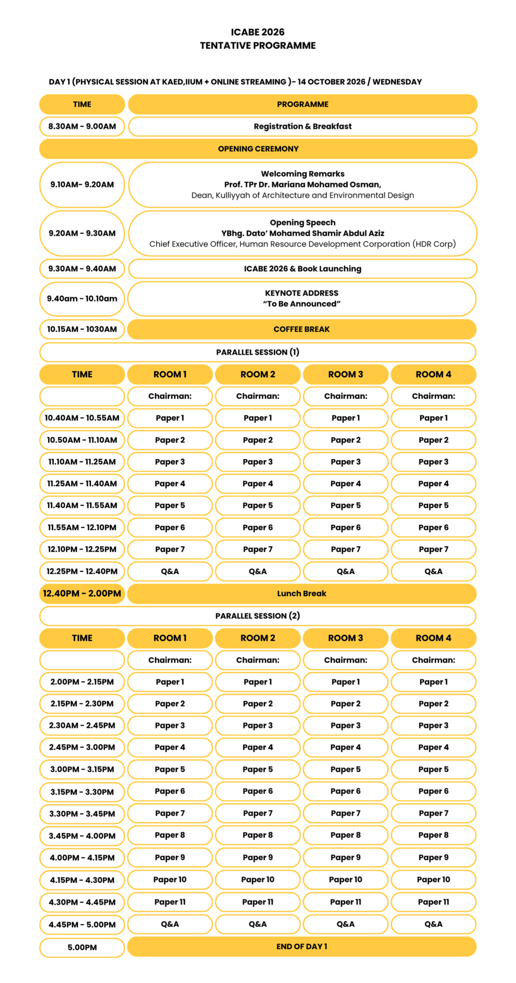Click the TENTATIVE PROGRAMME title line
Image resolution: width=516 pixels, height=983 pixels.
point(258,46)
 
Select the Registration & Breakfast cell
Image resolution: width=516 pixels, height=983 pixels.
point(302,126)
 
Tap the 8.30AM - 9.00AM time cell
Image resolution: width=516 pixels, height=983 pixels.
point(82,126)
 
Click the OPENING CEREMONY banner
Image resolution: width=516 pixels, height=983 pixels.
point(258,149)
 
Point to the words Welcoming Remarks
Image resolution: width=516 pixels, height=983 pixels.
point(302,174)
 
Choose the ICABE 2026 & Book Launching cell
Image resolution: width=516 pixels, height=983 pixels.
point(302,269)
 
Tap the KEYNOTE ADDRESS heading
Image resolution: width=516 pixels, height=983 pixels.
point(301,293)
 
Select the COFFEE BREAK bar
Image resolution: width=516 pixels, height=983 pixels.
point(301,329)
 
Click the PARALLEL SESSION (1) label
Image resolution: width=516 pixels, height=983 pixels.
point(258,352)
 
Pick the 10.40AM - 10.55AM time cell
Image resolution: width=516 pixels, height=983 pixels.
point(82,418)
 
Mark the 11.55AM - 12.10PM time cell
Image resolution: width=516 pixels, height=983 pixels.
point(82,527)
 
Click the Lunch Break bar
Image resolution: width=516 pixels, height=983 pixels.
point(301,594)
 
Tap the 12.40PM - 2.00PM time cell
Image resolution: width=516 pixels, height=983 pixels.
point(82,594)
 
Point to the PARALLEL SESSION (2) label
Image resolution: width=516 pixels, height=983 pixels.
point(258,616)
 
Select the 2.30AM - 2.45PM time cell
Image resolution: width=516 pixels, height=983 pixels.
point(82,726)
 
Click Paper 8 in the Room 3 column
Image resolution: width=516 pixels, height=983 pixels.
point(345,835)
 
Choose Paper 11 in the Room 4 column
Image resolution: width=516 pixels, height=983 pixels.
point(433,902)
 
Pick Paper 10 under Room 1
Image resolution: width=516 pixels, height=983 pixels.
point(170,880)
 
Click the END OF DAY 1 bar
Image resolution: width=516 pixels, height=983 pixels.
point(301,947)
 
